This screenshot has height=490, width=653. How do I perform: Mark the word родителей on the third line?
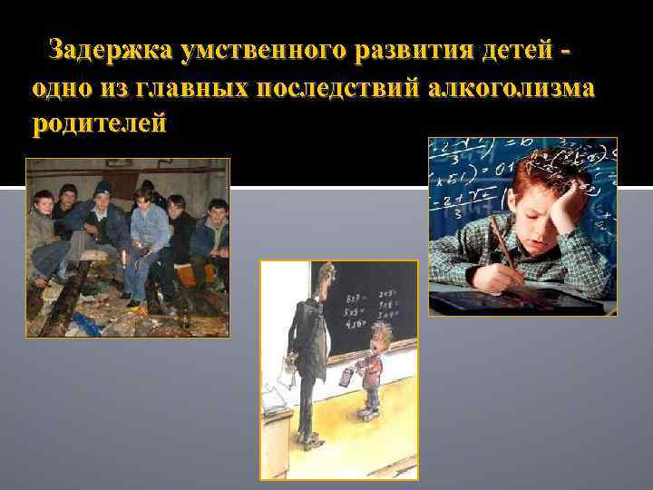99,124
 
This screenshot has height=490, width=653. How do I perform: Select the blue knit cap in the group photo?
103,187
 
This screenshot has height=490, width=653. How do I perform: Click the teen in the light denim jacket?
147,227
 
